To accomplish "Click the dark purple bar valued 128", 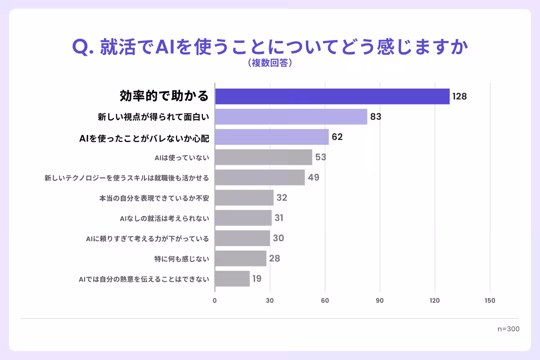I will tap(332, 96).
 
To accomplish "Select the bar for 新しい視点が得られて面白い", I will tap(291, 117).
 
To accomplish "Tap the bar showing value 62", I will tap(272, 137).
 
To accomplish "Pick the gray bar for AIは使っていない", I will tap(263, 157).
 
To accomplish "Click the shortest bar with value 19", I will tap(232, 279).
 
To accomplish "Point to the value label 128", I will tap(459, 96).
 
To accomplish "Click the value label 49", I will tap(314, 177).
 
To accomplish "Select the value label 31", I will tap(279, 218).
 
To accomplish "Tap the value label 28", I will tap(274, 258).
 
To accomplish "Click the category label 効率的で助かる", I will tap(164, 96).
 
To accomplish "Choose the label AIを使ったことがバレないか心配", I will tap(144, 137).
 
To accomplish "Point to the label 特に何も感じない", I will tap(181, 259).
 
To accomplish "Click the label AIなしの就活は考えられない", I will tap(164, 218).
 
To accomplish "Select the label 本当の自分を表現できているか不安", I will tap(154, 198).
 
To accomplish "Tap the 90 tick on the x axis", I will tap(380, 301).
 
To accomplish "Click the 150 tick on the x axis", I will tap(490, 301).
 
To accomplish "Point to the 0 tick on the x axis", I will tap(215, 301).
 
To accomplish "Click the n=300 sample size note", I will tap(508, 329).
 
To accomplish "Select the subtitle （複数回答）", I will tap(270, 63).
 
